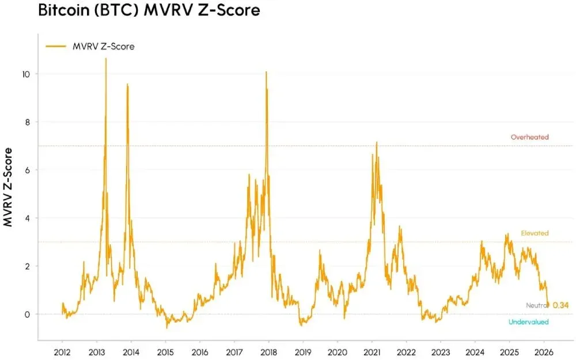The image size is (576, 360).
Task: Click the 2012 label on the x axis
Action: tap(62, 351)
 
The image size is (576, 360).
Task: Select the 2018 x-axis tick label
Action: tap(268, 351)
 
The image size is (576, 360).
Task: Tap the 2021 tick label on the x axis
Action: tap(372, 351)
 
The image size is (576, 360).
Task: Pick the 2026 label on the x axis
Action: tap(544, 351)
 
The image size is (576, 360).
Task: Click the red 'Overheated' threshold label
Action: tap(529, 137)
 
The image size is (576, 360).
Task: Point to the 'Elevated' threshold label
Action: tap(535, 233)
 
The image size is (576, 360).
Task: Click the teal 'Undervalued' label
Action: tap(528, 322)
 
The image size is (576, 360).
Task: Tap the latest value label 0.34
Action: tap(560, 305)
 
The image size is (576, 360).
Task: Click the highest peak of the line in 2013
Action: tap(105, 59)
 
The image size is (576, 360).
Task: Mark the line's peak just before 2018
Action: tap(266, 72)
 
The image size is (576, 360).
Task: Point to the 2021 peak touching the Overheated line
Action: tap(377, 142)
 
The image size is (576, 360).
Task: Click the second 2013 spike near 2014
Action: tap(127, 85)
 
